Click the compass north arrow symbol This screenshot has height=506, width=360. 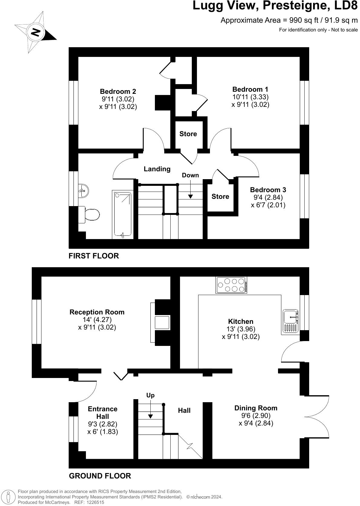(36, 32)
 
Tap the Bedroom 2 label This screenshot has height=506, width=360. (118, 91)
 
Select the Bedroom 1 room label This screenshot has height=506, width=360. (250, 89)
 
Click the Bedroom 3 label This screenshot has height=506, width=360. (268, 190)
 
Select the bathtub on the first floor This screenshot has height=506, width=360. (123, 215)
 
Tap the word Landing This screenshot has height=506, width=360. (157, 169)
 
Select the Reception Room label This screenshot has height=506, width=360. (97, 312)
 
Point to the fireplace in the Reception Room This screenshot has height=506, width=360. (162, 322)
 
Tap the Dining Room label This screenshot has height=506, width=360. (256, 408)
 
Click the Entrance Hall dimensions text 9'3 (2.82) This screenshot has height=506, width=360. (103, 424)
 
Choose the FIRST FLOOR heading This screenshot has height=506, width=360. (94, 256)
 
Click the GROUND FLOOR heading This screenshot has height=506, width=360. (100, 476)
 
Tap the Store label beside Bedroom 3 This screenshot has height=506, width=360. (220, 197)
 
